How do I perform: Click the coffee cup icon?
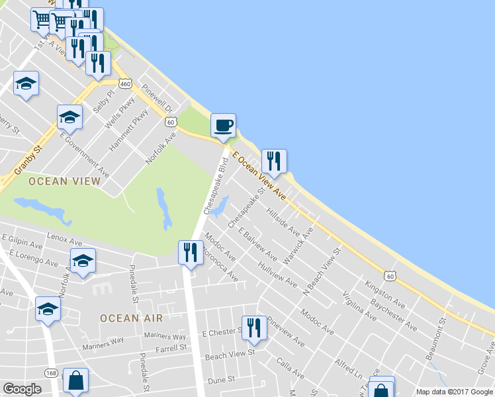coord(223,125)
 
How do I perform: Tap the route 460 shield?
coord(126,83)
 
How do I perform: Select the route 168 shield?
coord(51,373)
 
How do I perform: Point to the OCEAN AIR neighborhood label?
coord(131,318)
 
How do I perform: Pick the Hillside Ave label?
coord(283,222)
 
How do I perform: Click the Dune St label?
coord(222,380)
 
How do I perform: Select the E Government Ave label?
coord(84,157)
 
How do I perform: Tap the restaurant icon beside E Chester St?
coord(253,327)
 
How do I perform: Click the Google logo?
coord(22,390)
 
